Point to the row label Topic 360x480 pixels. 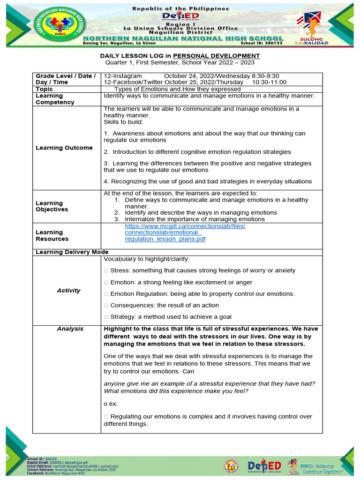click(45, 89)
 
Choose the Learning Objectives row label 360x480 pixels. click(52, 206)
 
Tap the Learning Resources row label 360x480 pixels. click(52, 236)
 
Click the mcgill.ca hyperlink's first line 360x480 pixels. click(185, 226)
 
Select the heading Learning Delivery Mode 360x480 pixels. click(72, 252)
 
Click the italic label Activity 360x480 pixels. click(68, 291)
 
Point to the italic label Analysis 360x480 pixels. click(70, 329)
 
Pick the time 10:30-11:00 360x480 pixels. click(269, 82)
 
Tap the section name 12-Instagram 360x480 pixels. click(123, 76)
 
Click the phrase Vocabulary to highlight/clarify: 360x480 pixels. click(147, 259)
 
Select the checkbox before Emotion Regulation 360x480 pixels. click(106, 294)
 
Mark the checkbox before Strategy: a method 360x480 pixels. click(106, 317)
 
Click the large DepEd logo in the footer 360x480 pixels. click(264, 466)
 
